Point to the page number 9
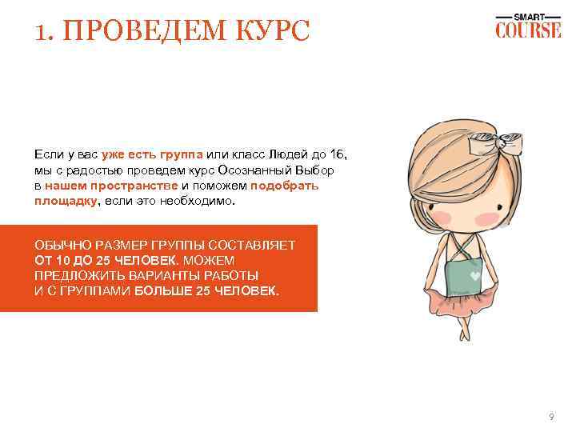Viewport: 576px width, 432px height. tap(550, 417)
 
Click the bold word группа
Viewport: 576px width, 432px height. tap(182, 154)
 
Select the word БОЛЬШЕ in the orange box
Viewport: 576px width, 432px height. tap(164, 290)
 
